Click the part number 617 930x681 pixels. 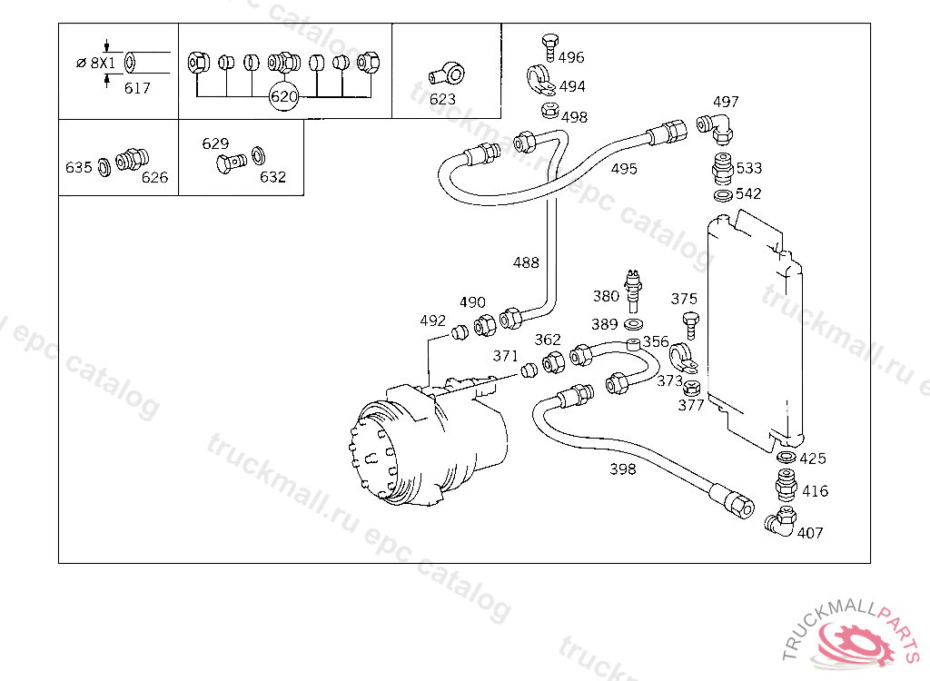coord(137,88)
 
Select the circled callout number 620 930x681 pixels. coord(283,96)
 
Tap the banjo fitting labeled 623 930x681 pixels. coord(447,74)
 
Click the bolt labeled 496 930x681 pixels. coord(549,47)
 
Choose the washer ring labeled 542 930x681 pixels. coord(723,195)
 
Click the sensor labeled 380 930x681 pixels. coord(633,291)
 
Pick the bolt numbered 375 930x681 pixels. coord(690,325)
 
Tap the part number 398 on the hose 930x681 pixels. coord(623,469)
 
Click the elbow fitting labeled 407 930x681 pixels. coord(780,521)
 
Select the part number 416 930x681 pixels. coord(815,491)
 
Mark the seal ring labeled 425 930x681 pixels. coord(787,458)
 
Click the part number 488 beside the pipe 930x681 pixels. coord(526,262)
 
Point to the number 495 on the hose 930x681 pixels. coord(624,169)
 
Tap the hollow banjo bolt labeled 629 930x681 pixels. coord(232,163)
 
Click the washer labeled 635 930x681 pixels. coord(104,167)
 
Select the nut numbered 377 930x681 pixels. coord(691,389)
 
